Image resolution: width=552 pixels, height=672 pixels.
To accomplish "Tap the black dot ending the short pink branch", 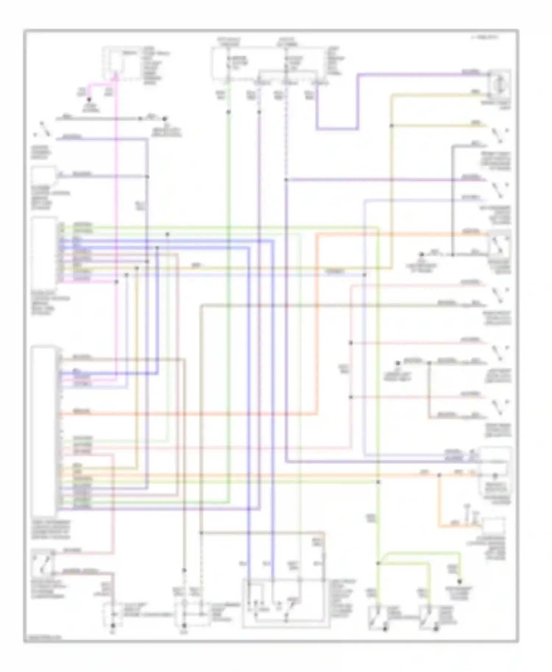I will pyautogui.click(x=89, y=100).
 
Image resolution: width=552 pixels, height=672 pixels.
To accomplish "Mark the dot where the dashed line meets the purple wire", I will pyautogui.click(x=286, y=180).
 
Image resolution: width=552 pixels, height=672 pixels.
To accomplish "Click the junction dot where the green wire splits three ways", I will pyautogui.click(x=378, y=563).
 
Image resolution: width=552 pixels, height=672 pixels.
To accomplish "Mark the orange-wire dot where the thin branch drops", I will pyautogui.click(x=439, y=475).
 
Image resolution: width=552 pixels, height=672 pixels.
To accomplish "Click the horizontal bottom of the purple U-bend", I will pyautogui.click(x=337, y=129).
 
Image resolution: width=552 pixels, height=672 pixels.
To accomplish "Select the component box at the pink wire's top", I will pyautogui.click(x=114, y=62).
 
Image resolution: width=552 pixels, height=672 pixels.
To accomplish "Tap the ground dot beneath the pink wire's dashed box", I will pyautogui.click(x=113, y=625).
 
